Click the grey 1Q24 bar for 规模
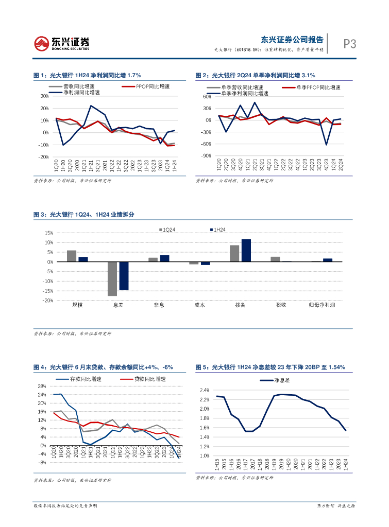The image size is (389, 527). [72, 256]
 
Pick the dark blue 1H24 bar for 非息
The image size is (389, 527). [164, 258]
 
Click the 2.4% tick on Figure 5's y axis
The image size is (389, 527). [204, 391]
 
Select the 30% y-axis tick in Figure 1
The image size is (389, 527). [44, 96]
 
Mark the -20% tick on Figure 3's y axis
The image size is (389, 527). [47, 301]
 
